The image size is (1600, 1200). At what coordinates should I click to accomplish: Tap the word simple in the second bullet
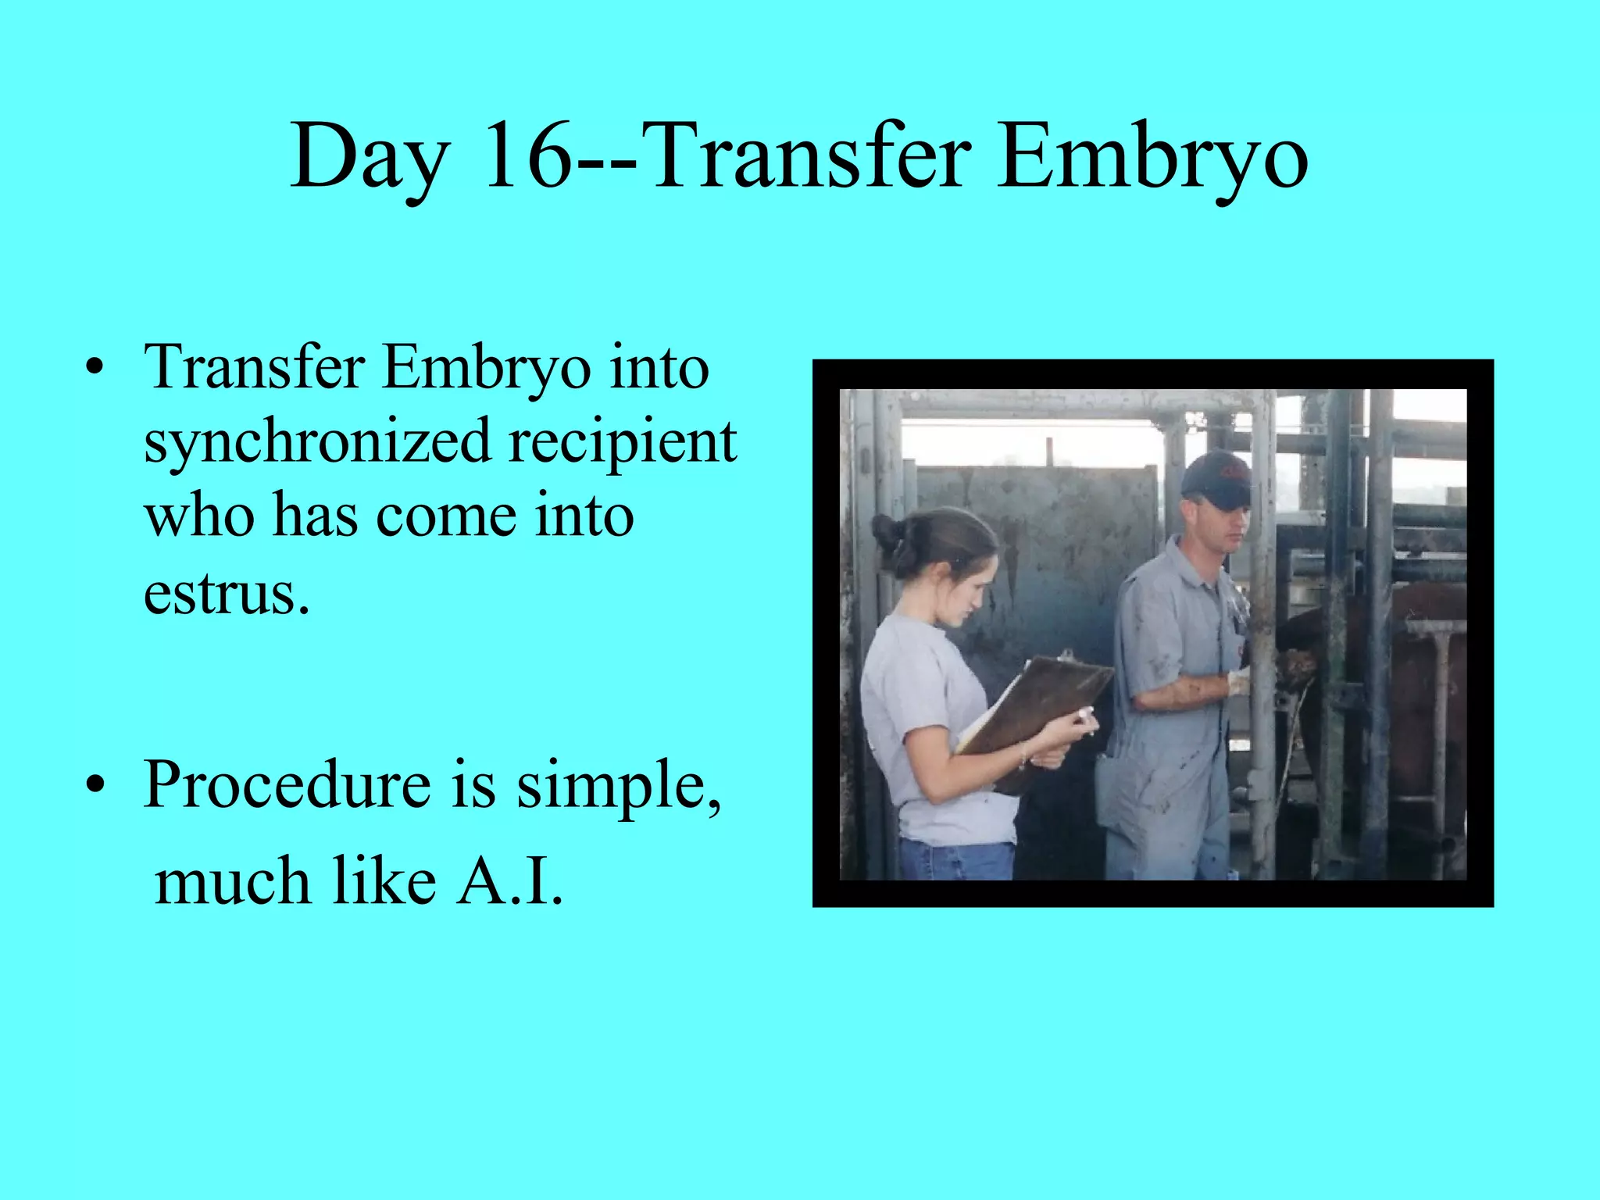[x=617, y=787]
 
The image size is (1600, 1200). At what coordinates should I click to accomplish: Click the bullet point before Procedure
[x=95, y=786]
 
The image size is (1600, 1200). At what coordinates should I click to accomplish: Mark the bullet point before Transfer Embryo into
[x=95, y=369]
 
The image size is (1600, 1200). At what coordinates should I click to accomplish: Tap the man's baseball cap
[x=1217, y=478]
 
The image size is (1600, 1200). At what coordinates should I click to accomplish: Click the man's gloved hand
[x=1239, y=681]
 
